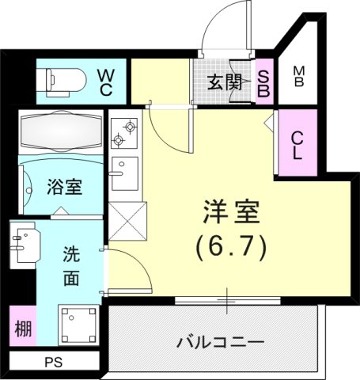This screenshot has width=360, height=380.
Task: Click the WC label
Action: [x=105, y=82]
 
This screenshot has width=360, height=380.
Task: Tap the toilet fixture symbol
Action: [x=63, y=80]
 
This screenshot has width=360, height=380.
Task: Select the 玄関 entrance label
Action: [x=224, y=82]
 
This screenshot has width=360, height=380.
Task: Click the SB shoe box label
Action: [x=264, y=82]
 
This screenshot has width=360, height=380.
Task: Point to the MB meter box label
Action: [x=299, y=78]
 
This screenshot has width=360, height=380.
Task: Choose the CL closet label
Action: [x=297, y=144]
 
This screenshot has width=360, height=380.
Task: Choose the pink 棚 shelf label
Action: [x=24, y=329]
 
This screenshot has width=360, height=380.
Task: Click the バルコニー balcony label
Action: [x=221, y=343]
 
